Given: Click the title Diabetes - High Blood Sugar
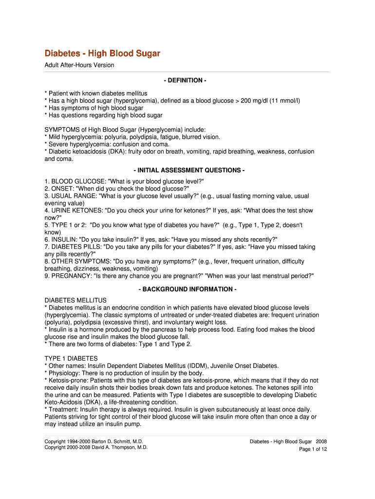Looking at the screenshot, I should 102,53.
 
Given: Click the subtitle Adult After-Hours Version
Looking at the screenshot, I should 79,65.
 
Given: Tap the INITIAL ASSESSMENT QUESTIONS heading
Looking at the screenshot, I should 187,170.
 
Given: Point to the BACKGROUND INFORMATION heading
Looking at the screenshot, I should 187,289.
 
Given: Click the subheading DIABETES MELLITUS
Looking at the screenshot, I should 75,300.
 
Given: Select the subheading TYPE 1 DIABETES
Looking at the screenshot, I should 71,358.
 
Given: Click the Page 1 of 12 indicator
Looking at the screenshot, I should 313,449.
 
